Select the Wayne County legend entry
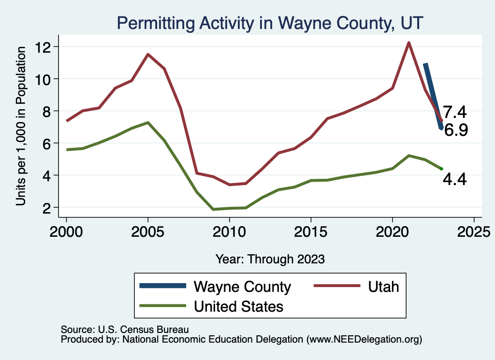coord(242,287)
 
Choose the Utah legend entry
coord(383,287)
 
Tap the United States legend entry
coord(238,306)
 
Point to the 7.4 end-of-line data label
coord(454,113)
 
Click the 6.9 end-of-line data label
coord(455,130)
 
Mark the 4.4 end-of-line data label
coord(454,180)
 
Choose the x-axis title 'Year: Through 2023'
coord(270,259)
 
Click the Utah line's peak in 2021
coord(408,43)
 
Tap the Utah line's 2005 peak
coord(148,54)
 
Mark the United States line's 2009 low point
coord(213,209)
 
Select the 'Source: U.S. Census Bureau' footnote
coord(124,329)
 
